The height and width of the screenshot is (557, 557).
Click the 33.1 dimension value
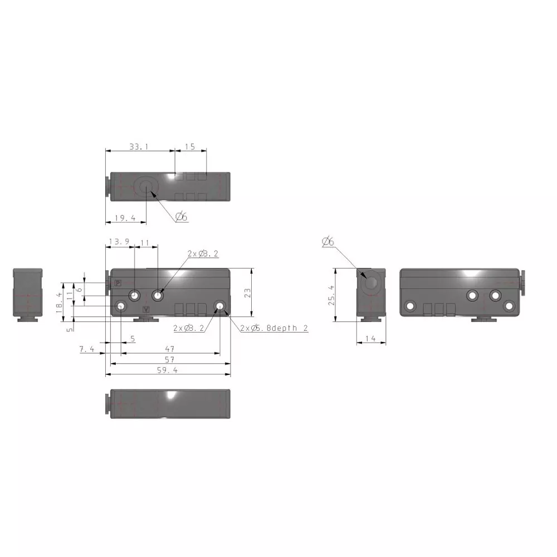coord(139,147)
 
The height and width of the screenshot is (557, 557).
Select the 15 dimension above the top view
coord(190,147)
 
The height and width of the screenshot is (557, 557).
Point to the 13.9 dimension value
coord(119,242)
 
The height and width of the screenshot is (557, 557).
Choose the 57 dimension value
coord(169,359)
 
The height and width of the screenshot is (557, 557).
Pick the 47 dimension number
coord(169,349)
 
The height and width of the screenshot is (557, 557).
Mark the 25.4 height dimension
coord(331,295)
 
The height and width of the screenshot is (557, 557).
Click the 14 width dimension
coord(371,339)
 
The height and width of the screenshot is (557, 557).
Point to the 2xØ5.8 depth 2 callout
coord(274,329)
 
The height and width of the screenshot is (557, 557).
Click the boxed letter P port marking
coord(118,284)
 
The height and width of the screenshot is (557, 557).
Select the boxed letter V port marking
coord(146,309)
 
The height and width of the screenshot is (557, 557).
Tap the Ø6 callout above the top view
coord(182,217)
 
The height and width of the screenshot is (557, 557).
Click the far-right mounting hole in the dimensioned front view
coord(221,306)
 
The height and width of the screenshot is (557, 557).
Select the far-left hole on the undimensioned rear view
coord(411,306)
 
